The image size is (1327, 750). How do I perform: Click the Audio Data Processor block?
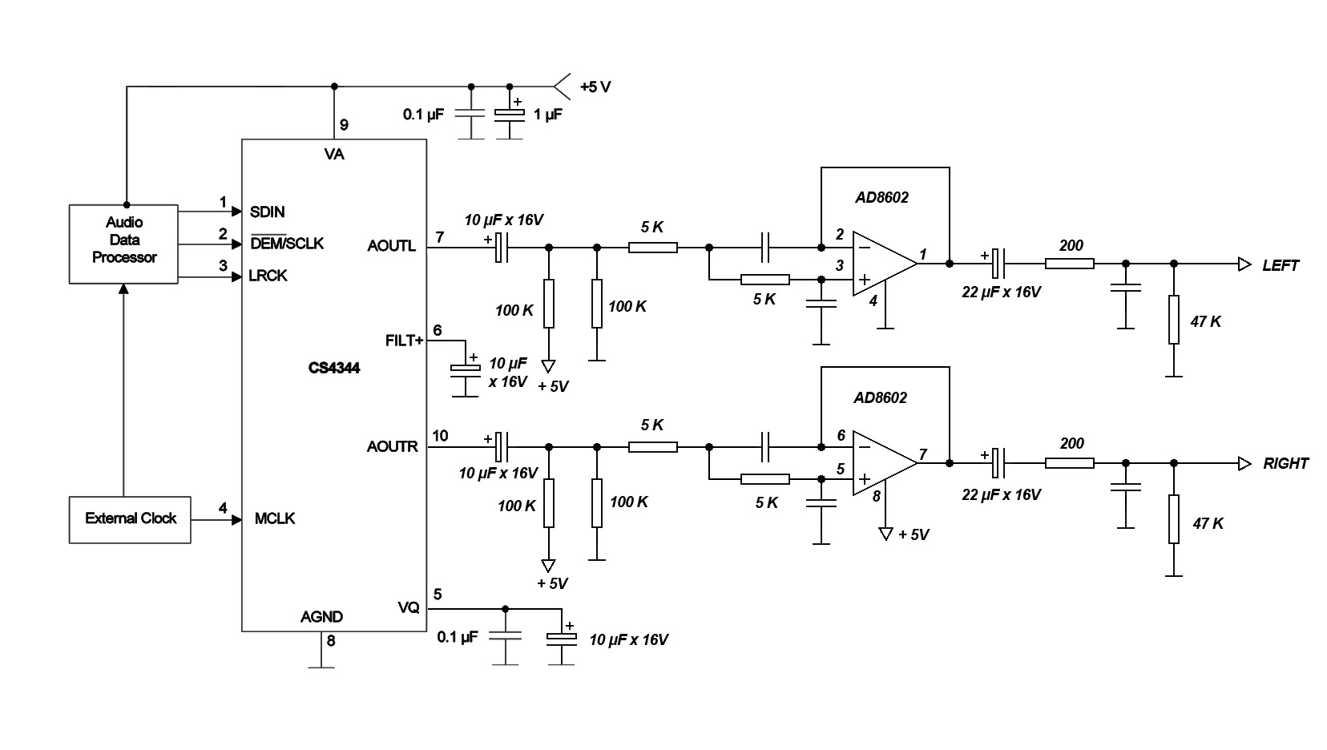[123, 240]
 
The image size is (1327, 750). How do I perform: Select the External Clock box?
[130, 519]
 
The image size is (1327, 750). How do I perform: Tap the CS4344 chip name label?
[333, 369]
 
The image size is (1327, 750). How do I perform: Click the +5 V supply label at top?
[595, 87]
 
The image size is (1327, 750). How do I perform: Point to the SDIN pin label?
[267, 212]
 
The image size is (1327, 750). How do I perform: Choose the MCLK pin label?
[275, 519]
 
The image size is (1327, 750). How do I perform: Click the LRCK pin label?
[268, 276]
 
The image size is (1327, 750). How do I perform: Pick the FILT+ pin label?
[404, 341]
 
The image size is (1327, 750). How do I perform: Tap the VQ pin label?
[408, 608]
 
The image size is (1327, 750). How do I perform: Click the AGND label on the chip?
[321, 617]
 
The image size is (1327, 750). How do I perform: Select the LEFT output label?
[1280, 265]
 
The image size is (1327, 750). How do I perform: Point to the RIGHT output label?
[1285, 464]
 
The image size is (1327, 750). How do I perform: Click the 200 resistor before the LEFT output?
[1070, 263]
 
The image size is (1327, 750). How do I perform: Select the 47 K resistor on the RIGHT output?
[1173, 519]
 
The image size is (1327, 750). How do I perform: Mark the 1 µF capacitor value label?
[548, 115]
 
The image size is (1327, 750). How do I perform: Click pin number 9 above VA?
[344, 125]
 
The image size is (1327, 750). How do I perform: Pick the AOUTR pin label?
[392, 446]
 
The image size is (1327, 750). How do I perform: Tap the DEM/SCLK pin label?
[287, 244]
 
